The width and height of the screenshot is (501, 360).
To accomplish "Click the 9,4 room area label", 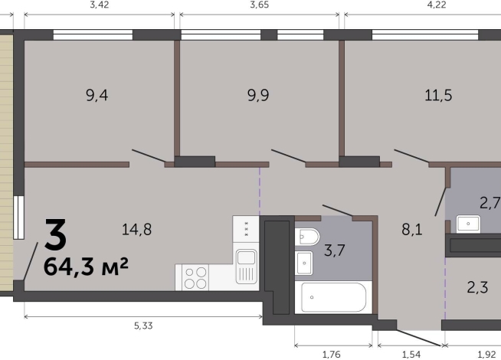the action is pyautogui.click(x=97, y=96).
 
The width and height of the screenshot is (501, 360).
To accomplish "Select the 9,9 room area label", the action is pyautogui.click(x=258, y=96).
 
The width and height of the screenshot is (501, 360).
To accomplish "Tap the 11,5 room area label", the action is pyautogui.click(x=438, y=96).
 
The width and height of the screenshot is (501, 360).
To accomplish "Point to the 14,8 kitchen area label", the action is pyautogui.click(x=137, y=229).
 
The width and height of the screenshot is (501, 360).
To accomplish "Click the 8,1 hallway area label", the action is pyautogui.click(x=412, y=229).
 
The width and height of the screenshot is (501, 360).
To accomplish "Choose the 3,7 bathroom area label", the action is pyautogui.click(x=335, y=250).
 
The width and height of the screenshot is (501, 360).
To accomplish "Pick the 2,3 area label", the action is pyautogui.click(x=477, y=287).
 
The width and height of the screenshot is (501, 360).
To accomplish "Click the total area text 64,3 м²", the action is pyautogui.click(x=86, y=267).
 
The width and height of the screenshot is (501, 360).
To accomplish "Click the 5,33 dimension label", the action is pyautogui.click(x=143, y=326).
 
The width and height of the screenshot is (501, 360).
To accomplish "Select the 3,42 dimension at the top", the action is pyautogui.click(x=100, y=5).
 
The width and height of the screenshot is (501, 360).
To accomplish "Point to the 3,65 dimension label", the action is pyautogui.click(x=259, y=5).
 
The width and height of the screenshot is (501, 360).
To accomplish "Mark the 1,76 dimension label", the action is pyautogui.click(x=332, y=354).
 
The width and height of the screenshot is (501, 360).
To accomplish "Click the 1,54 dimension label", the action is pyautogui.click(x=411, y=354).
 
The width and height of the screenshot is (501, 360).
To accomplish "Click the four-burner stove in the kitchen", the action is pyautogui.click(x=195, y=277).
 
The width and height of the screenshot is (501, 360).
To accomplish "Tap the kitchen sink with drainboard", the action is pyautogui.click(x=247, y=267).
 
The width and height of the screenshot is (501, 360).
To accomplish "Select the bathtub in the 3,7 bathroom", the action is pyautogui.click(x=333, y=297).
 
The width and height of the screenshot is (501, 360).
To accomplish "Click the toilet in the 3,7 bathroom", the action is pyautogui.click(x=307, y=237).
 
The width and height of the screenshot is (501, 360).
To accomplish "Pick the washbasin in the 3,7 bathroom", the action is pyautogui.click(x=304, y=263).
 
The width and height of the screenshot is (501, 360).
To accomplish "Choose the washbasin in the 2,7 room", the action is pyautogui.click(x=468, y=224).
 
